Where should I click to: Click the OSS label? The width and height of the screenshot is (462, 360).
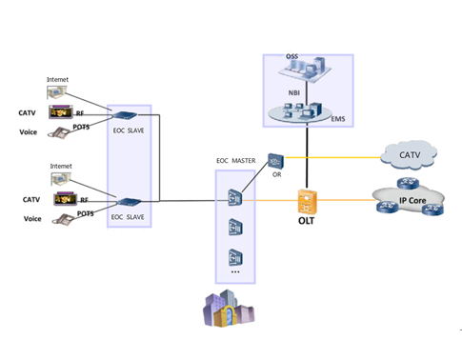(291, 58)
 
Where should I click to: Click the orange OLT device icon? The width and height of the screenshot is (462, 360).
(307, 198)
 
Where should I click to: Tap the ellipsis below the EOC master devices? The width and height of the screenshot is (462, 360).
(234, 274)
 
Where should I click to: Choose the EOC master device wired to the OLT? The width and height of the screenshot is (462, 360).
(234, 198)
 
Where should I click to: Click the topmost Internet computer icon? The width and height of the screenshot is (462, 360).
(60, 93)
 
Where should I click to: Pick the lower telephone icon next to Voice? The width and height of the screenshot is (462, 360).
(63, 219)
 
